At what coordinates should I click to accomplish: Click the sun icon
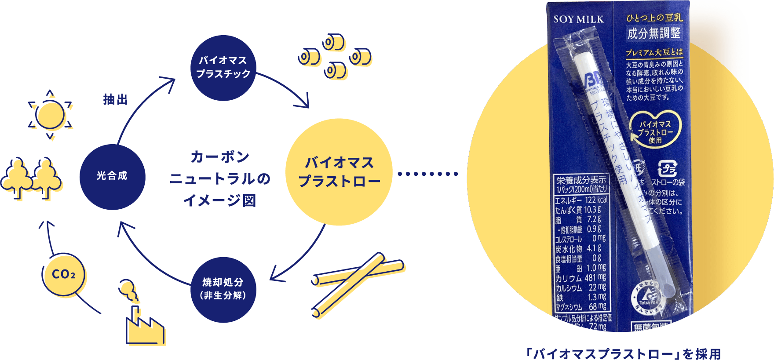(x=50, y=116)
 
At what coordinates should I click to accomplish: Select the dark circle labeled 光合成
(x=112, y=176)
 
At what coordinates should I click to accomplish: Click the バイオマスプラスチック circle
(x=223, y=67)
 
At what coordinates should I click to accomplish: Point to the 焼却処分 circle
(x=223, y=289)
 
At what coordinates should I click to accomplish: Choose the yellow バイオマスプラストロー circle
(x=339, y=172)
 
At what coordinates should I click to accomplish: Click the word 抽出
(x=115, y=100)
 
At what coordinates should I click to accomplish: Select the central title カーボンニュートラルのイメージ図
(x=219, y=178)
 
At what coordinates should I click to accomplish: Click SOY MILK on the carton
(x=578, y=19)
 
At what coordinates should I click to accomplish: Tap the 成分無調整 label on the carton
(x=654, y=33)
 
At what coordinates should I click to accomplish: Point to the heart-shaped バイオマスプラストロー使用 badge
(x=655, y=129)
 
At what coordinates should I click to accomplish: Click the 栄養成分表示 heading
(x=580, y=180)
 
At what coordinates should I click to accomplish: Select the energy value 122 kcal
(x=596, y=200)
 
